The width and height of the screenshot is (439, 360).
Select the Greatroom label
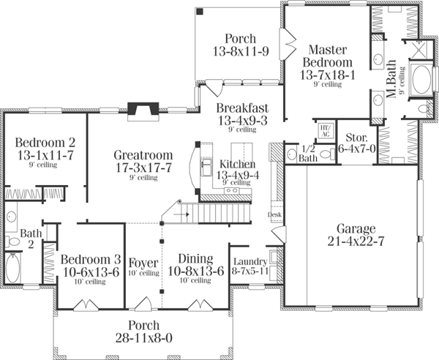click(x=143, y=155)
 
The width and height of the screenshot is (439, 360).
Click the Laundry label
click(x=249, y=261)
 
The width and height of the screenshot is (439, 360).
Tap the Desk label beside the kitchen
click(x=274, y=215)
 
